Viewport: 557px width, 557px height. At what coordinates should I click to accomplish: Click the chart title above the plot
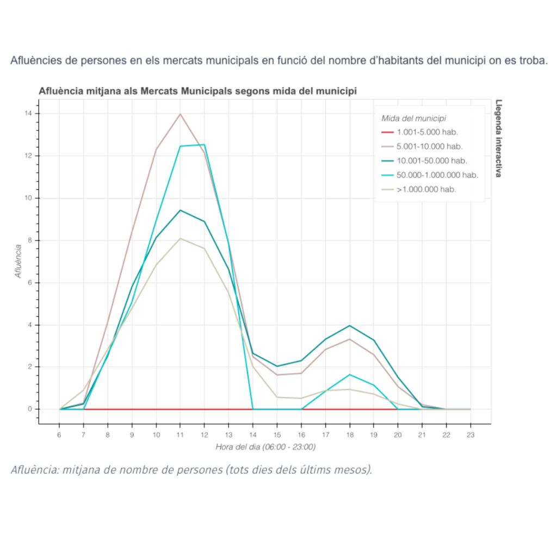(197, 91)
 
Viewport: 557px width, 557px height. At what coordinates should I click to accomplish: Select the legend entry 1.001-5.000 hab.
(426, 132)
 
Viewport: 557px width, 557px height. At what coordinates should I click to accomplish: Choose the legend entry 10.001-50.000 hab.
(431, 160)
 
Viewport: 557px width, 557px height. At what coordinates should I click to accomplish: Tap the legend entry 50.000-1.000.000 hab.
(437, 175)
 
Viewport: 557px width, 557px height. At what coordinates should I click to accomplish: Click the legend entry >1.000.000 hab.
(426, 189)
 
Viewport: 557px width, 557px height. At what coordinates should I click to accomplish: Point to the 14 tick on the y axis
(27, 113)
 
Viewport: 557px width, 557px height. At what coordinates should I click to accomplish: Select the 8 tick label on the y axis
(29, 240)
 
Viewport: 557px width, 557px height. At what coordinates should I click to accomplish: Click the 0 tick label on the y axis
(29, 409)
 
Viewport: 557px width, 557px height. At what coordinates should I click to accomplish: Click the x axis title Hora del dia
(265, 447)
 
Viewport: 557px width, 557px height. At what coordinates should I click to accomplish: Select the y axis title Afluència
(18, 261)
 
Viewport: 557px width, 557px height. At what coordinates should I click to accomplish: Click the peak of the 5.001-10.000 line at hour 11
(180, 114)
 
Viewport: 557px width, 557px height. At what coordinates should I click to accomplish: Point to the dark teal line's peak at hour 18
(349, 325)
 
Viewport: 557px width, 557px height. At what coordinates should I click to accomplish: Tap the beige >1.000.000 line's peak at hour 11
(180, 238)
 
